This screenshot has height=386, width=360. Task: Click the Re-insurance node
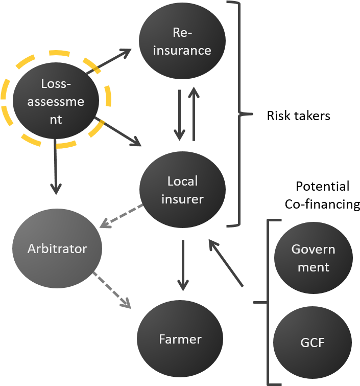pyautogui.click(x=182, y=41)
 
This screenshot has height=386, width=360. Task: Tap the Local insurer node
pyautogui.click(x=182, y=190)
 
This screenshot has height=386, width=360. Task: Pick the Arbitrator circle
pyautogui.click(x=57, y=249)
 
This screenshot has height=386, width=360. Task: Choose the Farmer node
pyautogui.click(x=180, y=339)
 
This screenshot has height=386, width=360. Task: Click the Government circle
pyautogui.click(x=313, y=258)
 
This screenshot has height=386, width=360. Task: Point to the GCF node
pyautogui.click(x=312, y=343)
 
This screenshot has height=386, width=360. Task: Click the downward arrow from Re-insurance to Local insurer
pyautogui.click(x=179, y=115)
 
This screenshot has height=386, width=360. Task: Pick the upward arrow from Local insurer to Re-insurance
pyautogui.click(x=194, y=113)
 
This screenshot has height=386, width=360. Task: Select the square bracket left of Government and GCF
pyautogui.click(x=266, y=302)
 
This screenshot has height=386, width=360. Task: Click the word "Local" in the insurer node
pyautogui.click(x=182, y=181)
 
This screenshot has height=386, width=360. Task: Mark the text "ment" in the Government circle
pyautogui.click(x=313, y=267)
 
